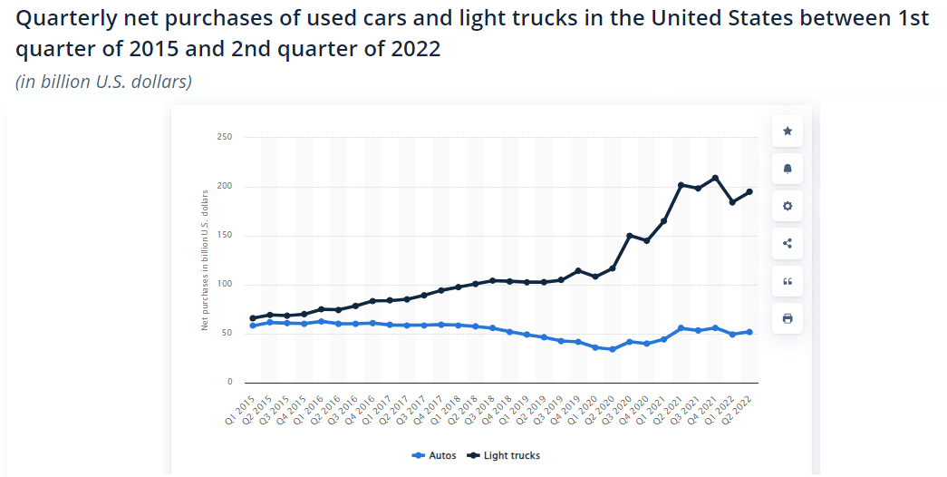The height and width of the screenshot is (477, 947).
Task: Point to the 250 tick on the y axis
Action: click(x=224, y=138)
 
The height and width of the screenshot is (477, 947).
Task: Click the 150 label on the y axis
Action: click(x=224, y=236)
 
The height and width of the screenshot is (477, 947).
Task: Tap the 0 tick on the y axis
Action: click(x=228, y=383)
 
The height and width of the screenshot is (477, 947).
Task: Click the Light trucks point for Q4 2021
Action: click(x=715, y=178)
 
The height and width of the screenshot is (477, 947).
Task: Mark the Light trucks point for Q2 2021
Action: click(x=681, y=185)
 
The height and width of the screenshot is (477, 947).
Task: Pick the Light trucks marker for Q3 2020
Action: click(x=629, y=236)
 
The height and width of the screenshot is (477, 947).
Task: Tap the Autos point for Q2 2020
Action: click(x=612, y=349)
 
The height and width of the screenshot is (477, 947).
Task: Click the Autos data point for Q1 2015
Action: click(x=252, y=326)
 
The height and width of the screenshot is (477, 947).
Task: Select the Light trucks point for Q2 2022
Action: click(x=749, y=191)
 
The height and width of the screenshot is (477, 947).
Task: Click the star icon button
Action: click(x=787, y=131)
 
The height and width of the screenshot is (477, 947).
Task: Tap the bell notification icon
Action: click(x=787, y=169)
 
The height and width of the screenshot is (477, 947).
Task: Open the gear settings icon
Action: click(x=787, y=206)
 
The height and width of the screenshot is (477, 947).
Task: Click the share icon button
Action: click(x=787, y=243)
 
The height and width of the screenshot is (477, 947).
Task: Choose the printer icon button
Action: click(x=787, y=318)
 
